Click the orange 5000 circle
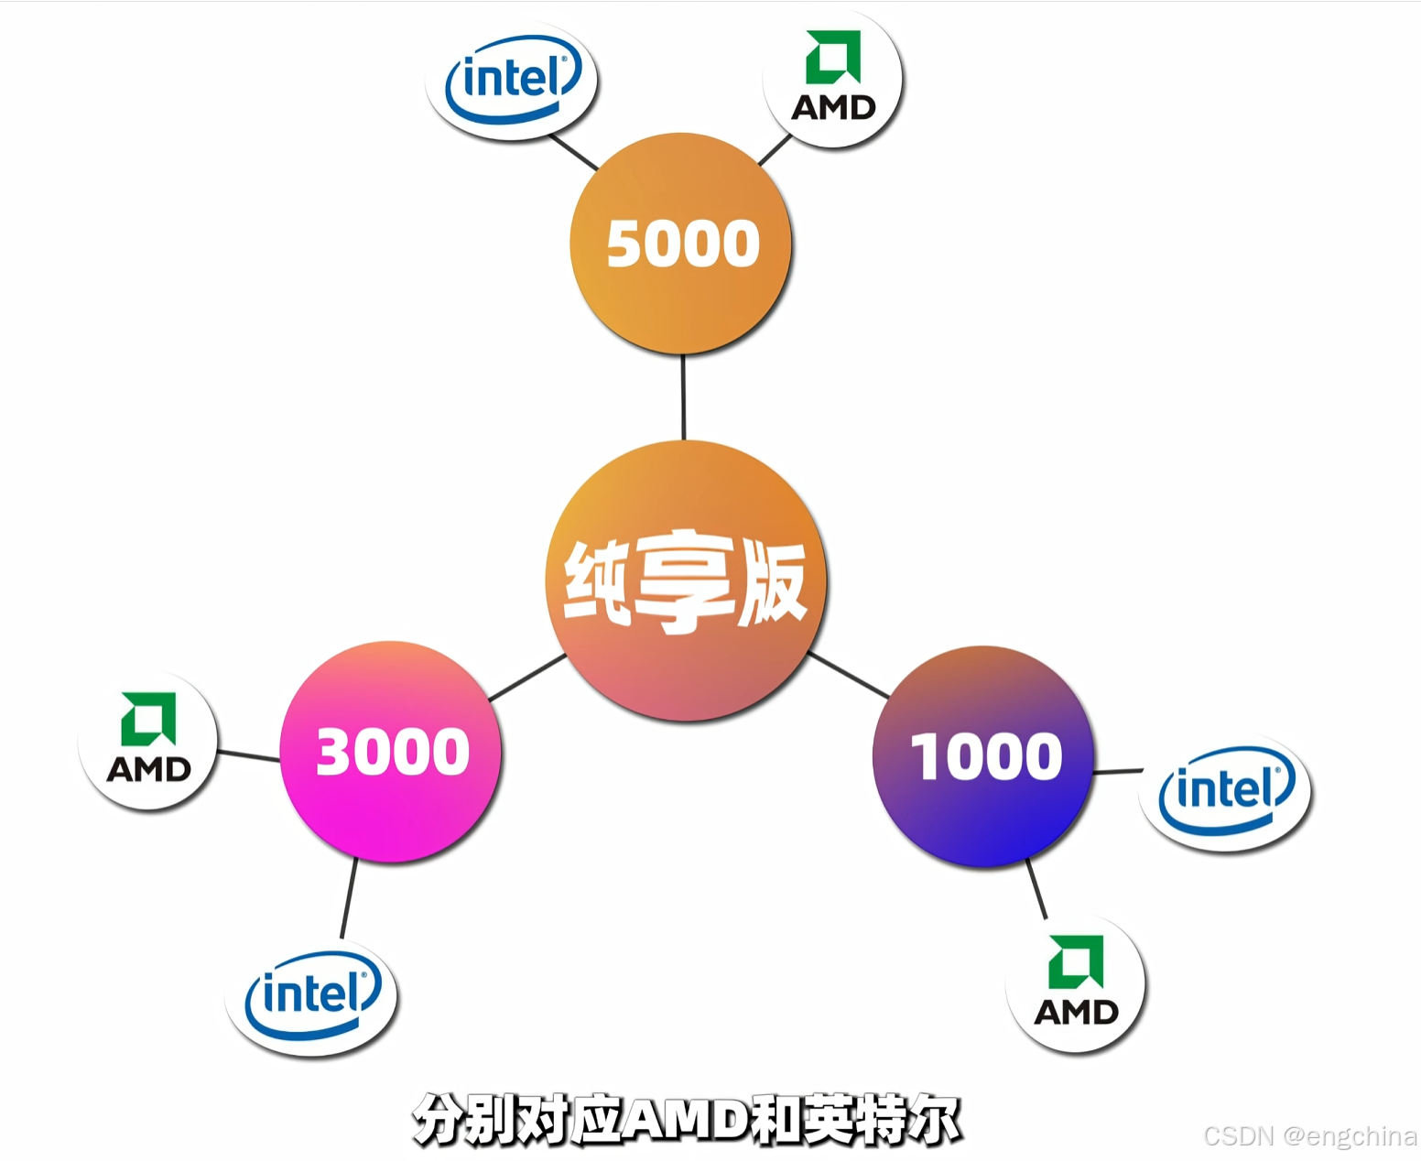[681, 244]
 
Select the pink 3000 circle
[391, 752]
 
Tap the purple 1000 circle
[984, 756]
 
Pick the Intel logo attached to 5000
[513, 80]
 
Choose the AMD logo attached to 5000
[833, 80]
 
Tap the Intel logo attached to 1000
[1226, 792]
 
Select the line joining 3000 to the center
[527, 678]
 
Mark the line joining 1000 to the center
[849, 676]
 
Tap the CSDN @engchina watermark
[1309, 1136]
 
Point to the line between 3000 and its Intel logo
[349, 898]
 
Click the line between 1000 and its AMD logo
[1036, 888]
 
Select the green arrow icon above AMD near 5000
[833, 57]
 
